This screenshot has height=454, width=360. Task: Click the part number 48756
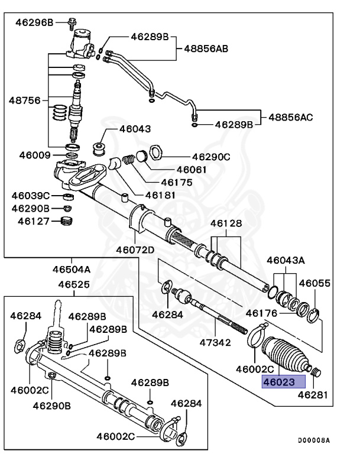[x=24, y=100]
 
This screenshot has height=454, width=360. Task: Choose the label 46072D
[x=135, y=249]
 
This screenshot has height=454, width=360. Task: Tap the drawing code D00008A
[x=313, y=440]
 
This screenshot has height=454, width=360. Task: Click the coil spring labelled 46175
[x=128, y=162]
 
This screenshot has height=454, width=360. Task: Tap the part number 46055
[x=314, y=283]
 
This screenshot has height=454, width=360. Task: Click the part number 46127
[x=33, y=221]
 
